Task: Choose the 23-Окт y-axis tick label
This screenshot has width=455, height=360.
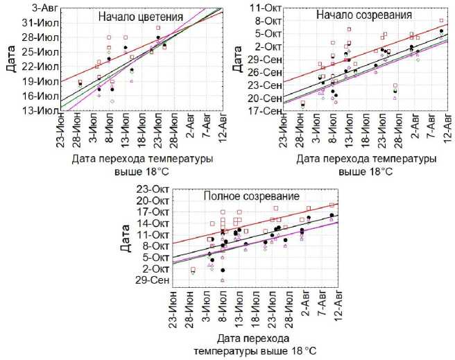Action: click(153, 189)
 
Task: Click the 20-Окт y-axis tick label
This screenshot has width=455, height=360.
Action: click(153, 200)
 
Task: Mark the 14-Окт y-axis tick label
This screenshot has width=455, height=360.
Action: click(153, 223)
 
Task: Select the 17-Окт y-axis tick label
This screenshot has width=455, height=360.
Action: click(153, 212)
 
